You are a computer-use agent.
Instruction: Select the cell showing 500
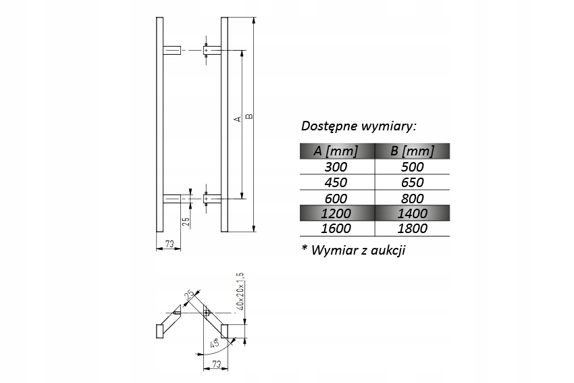click(413, 167)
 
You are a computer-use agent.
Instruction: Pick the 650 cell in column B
click(413, 182)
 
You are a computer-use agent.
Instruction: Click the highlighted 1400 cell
click(413, 213)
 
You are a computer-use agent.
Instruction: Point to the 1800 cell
click(413, 228)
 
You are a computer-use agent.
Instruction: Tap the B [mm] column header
click(413, 151)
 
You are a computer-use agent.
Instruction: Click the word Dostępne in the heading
click(329, 126)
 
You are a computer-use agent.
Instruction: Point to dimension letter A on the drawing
click(238, 119)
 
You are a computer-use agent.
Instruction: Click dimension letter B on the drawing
click(249, 116)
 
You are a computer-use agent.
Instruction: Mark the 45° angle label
click(214, 343)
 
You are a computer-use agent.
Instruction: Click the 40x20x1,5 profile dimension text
click(240, 291)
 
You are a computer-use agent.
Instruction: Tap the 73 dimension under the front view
click(169, 244)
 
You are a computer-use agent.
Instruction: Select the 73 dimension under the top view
click(216, 364)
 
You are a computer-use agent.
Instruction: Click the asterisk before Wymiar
click(304, 248)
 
